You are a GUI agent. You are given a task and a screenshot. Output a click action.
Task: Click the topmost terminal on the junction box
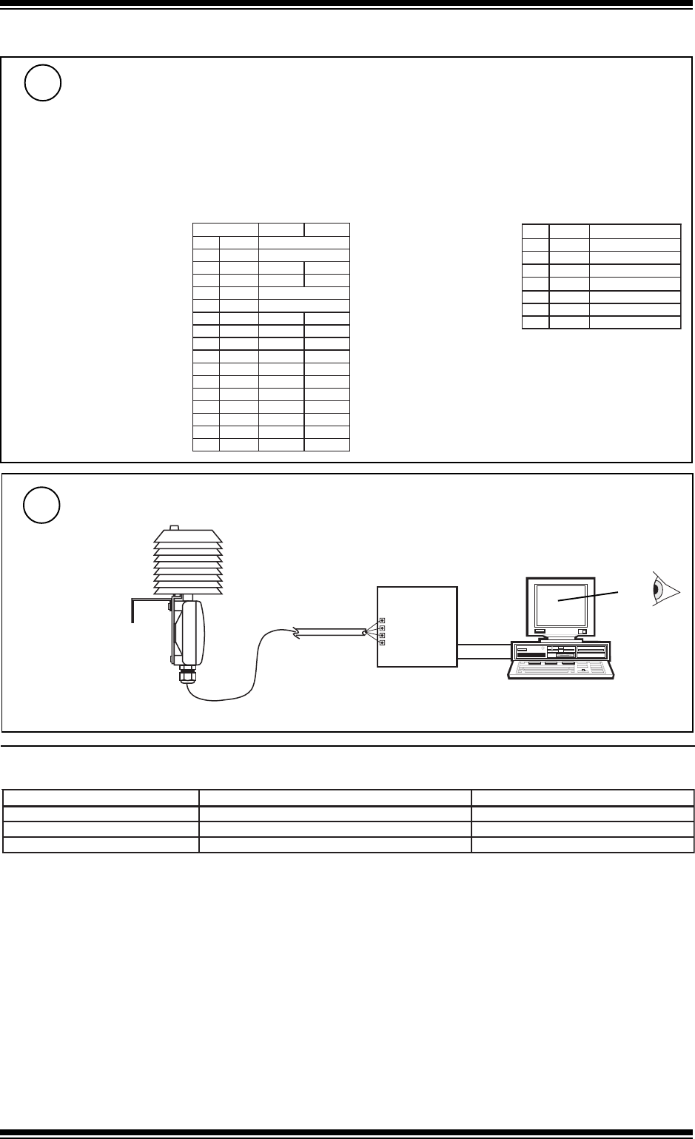[x=381, y=620]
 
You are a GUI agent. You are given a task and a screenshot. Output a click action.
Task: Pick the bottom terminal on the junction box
[x=381, y=642]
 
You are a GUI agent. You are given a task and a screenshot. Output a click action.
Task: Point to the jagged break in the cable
[x=297, y=633]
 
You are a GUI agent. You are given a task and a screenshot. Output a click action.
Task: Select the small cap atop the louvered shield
[x=175, y=528]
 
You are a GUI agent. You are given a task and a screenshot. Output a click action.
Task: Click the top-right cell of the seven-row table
[x=634, y=229]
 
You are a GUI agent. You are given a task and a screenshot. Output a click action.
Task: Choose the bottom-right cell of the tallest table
[x=326, y=444]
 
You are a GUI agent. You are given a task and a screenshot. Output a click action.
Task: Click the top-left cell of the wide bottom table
[x=101, y=798]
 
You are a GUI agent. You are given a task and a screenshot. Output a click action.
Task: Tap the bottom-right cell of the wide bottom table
[x=582, y=844]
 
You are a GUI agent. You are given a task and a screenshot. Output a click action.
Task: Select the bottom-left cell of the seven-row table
[x=535, y=322]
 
